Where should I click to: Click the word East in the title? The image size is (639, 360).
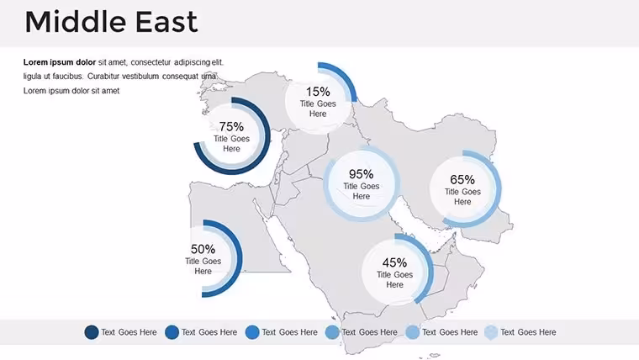click(166, 22)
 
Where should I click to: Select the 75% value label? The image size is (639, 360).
click(231, 126)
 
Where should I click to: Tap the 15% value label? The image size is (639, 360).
click(318, 92)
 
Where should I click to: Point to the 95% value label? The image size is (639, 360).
click(361, 174)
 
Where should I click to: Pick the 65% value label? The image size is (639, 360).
click(462, 179)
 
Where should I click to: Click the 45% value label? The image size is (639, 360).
click(394, 262)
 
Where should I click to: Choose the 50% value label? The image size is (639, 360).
click(203, 249)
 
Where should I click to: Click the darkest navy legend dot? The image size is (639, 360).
click(92, 332)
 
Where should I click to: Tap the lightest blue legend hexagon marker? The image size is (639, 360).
click(491, 332)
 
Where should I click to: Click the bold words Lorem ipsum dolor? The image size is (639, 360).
click(60, 62)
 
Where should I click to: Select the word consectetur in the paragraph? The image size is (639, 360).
click(151, 62)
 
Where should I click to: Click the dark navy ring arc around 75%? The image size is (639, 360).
click(267, 136)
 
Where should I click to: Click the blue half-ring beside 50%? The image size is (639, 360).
click(240, 258)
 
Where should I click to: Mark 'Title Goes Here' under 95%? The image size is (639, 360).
click(361, 191)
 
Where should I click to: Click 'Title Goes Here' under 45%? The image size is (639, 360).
click(394, 279)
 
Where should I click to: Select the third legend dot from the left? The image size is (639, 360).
click(252, 332)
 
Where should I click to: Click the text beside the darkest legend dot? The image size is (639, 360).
click(129, 332)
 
